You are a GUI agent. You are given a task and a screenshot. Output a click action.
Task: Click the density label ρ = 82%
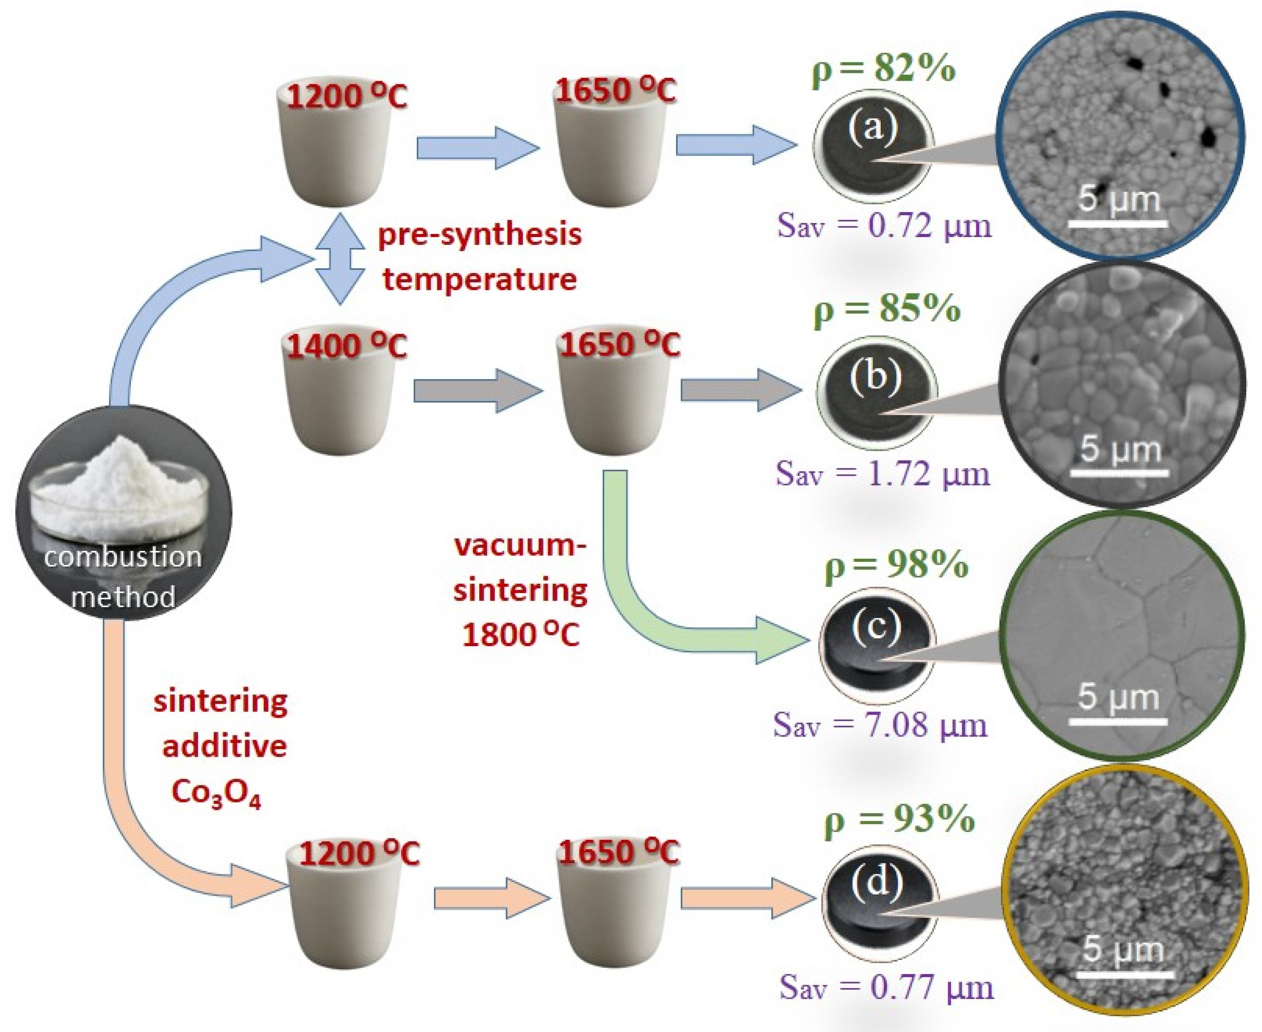(x=884, y=69)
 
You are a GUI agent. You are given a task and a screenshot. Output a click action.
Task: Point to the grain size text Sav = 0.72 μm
(x=884, y=226)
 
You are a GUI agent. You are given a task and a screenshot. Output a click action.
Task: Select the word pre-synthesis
(x=479, y=235)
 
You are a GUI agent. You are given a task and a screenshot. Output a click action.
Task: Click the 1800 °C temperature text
(x=521, y=634)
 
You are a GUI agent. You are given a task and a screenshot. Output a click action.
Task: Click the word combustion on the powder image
(x=123, y=557)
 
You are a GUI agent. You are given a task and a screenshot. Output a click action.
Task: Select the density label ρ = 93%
(x=899, y=819)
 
